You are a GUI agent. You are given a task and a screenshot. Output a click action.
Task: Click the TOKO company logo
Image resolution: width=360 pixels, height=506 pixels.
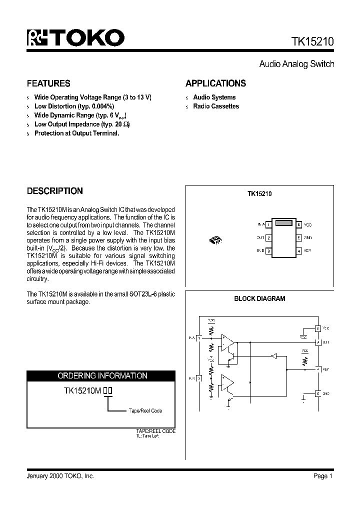[75, 38]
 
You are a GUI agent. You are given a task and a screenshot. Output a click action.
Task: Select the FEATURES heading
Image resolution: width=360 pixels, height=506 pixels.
[48, 83]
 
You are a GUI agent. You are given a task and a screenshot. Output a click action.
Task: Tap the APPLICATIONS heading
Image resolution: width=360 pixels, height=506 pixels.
[215, 83]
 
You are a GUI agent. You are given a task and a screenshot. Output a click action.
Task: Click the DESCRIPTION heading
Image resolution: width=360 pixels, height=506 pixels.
[54, 191]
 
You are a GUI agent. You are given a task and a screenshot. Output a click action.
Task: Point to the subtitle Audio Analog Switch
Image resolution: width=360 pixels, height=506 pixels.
[296, 64]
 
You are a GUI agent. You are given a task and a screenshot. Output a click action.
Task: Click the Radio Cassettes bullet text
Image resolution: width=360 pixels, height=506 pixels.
[216, 106]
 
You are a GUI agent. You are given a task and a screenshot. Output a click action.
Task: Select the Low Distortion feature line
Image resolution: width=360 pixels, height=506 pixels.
[74, 106]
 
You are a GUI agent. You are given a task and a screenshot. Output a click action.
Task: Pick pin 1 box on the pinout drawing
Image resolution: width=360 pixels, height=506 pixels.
[268, 225]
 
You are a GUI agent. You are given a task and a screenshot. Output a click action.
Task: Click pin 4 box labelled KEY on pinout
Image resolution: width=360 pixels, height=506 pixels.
[298, 250]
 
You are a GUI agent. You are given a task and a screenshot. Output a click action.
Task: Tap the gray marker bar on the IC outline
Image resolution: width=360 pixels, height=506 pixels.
[283, 223]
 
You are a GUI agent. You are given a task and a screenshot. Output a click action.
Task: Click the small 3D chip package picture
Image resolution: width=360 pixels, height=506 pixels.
[216, 240]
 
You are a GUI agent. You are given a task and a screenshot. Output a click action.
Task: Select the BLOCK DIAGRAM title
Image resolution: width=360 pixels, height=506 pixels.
[259, 298]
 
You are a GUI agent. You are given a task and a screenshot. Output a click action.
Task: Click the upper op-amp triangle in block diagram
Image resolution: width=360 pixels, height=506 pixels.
[228, 341]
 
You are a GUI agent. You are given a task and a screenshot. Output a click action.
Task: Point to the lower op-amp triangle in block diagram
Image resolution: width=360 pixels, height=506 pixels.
[228, 384]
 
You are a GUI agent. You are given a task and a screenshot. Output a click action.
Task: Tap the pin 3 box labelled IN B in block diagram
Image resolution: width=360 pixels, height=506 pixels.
[198, 378]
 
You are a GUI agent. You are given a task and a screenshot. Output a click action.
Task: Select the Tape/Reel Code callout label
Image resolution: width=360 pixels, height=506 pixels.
[145, 410]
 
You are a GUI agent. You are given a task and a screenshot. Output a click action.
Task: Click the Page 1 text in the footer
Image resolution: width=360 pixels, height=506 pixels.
[323, 476]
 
